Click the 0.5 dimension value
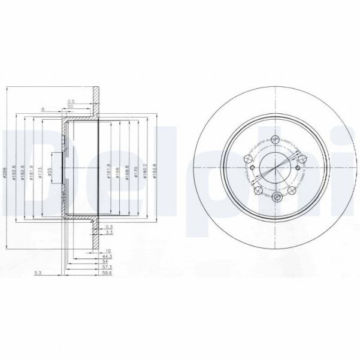(71, 101)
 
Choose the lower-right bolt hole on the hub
(292, 190)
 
